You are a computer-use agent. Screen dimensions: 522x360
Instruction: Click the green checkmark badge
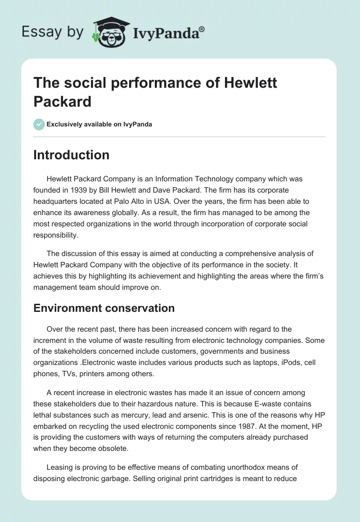(x=39, y=124)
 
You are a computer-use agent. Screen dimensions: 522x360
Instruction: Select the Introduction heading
(x=71, y=155)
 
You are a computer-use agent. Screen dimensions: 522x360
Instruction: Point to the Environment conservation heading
(x=103, y=308)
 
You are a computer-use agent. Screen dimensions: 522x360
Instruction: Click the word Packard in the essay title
(x=63, y=101)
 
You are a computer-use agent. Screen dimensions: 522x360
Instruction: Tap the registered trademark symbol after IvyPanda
(x=202, y=28)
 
